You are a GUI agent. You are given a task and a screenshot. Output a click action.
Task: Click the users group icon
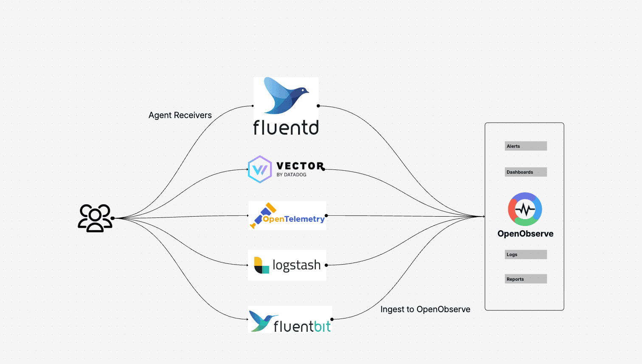[x=95, y=218]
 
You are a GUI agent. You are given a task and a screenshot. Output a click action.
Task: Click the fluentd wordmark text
[x=286, y=127]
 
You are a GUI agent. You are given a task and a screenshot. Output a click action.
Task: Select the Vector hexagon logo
[x=259, y=169]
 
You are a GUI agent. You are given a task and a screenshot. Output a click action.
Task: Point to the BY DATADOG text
[x=291, y=175]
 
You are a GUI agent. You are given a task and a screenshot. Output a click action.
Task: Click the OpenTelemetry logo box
[x=287, y=216]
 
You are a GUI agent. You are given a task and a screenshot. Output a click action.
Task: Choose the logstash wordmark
[x=296, y=265]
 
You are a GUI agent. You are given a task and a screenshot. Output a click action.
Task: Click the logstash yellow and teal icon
[x=261, y=265]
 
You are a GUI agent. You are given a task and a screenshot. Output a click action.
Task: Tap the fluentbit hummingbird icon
[x=261, y=321]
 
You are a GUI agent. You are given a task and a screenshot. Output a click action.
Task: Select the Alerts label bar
[x=526, y=146]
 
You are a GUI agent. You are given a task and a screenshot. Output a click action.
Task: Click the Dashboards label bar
[x=526, y=172]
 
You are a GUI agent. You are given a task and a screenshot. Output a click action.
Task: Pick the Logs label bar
[x=526, y=254]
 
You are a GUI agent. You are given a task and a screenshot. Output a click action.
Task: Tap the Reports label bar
[x=526, y=279]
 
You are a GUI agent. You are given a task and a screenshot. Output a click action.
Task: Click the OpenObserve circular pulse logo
[x=525, y=209]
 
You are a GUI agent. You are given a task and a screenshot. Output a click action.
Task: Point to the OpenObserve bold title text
[x=525, y=234]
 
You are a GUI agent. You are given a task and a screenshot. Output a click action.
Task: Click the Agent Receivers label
[x=180, y=115]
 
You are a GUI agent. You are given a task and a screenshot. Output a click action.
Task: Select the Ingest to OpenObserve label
[x=425, y=309]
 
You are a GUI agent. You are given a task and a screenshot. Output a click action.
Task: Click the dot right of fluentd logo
[x=318, y=106]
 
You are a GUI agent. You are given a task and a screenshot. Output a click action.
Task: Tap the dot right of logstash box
[x=326, y=265]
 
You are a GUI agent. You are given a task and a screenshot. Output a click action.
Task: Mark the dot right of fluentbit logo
[x=332, y=319]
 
